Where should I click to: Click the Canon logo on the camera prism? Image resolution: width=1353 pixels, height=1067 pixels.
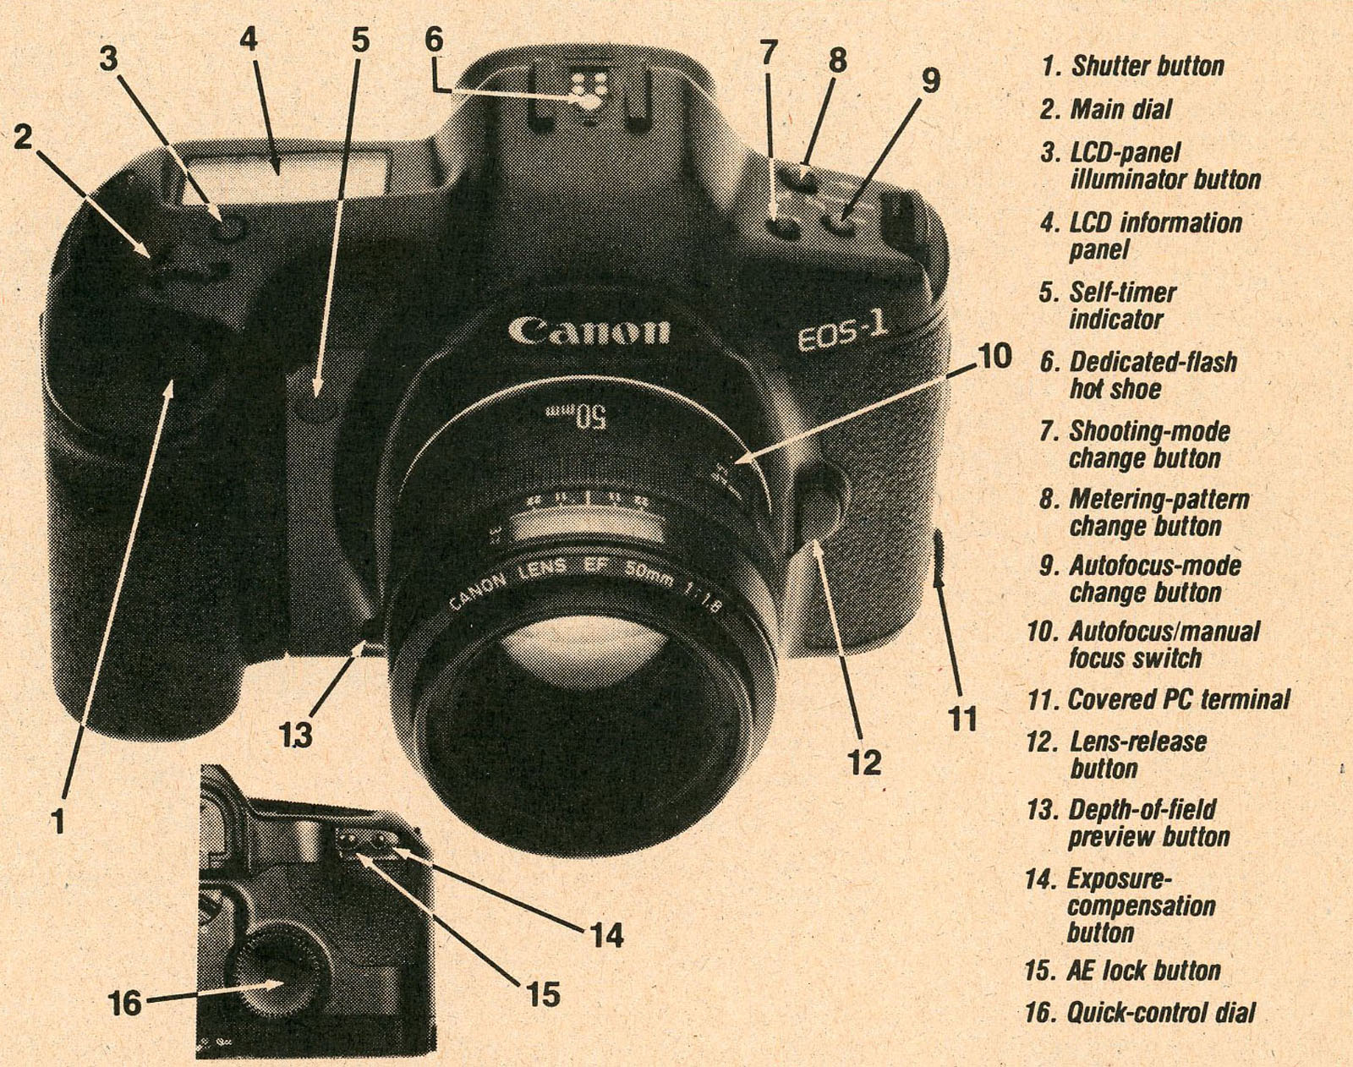pyautogui.click(x=589, y=330)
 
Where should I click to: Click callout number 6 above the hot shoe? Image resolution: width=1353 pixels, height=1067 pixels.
pyautogui.click(x=433, y=40)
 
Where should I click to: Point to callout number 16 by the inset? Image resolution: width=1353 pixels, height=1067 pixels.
pyautogui.click(x=125, y=1004)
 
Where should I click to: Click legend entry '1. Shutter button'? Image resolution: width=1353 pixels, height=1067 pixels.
pyautogui.click(x=1133, y=66)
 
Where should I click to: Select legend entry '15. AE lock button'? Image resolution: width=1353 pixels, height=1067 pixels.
pyautogui.click(x=1124, y=970)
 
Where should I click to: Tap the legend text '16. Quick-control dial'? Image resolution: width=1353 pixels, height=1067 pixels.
pyautogui.click(x=1141, y=1012)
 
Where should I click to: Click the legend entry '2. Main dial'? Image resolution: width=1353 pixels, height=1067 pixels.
pyautogui.click(x=1107, y=109)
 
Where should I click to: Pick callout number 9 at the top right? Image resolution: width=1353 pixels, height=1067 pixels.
pyautogui.click(x=929, y=81)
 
